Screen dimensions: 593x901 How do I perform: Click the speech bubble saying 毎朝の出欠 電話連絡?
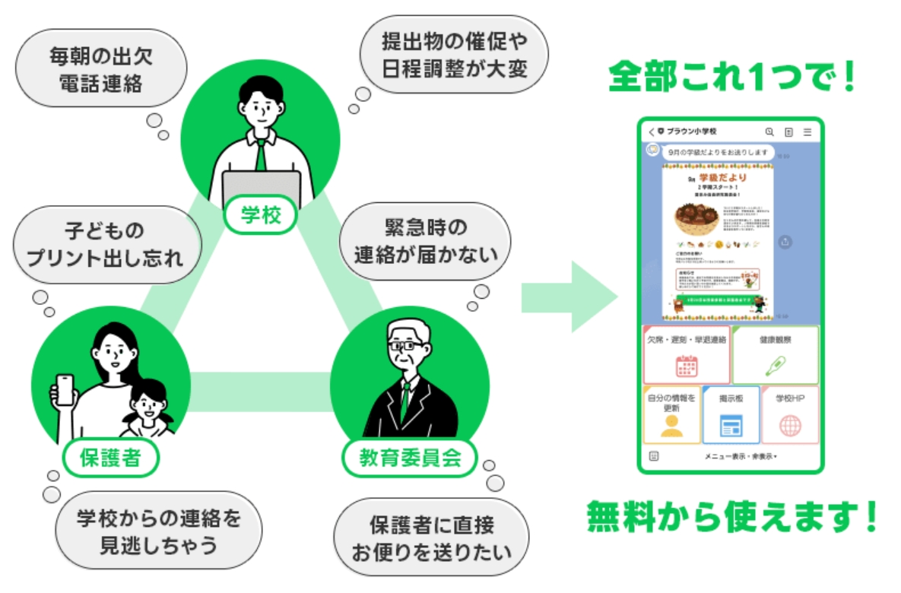[x=101, y=69]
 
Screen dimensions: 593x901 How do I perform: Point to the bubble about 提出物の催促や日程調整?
[x=455, y=55]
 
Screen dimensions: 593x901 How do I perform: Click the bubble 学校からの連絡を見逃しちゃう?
[x=158, y=531]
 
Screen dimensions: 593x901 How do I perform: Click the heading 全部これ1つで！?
[x=732, y=76]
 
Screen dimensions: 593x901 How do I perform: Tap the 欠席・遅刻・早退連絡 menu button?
[x=687, y=355]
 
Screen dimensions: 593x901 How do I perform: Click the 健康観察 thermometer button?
[x=776, y=355]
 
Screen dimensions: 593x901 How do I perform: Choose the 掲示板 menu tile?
[x=731, y=415]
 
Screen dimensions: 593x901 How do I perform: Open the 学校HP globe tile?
[x=790, y=415]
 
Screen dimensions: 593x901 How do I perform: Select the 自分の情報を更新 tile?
[x=671, y=415]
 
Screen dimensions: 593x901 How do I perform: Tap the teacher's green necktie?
[x=261, y=156]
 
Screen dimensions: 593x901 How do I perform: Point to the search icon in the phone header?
[x=769, y=132]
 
